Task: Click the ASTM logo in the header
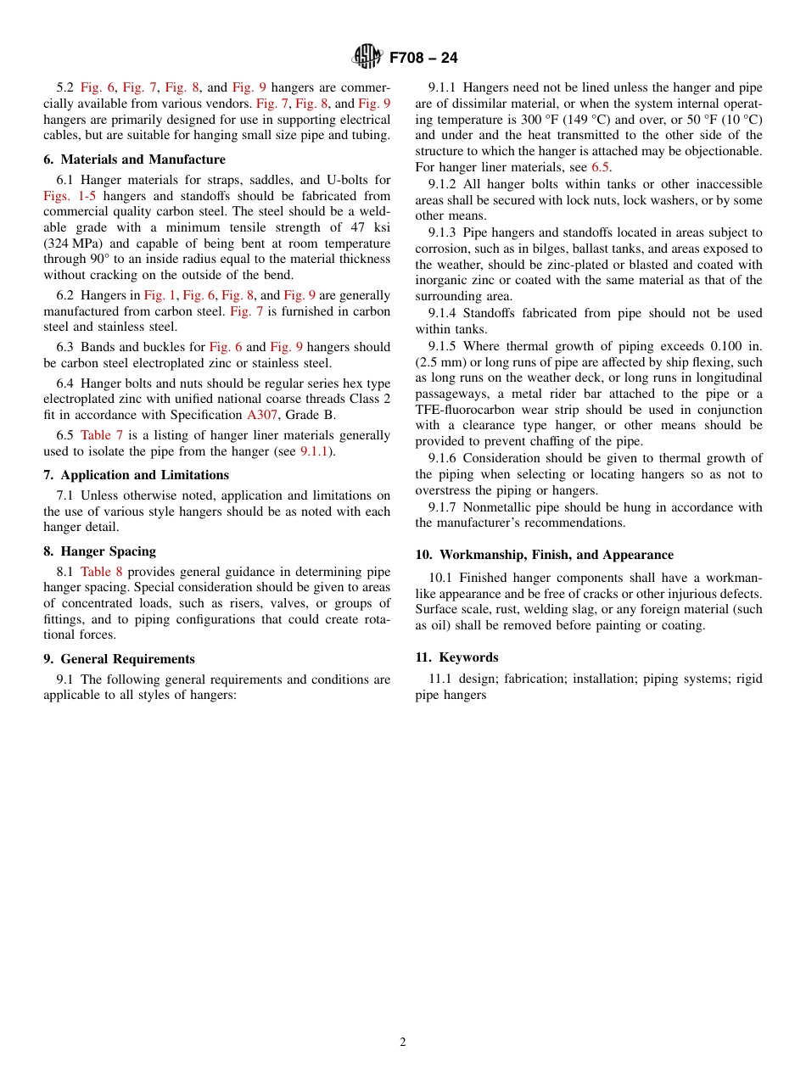click(367, 57)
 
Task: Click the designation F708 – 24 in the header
click(423, 58)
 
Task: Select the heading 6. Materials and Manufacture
click(135, 159)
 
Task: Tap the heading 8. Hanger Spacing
click(99, 551)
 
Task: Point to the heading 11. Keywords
click(456, 657)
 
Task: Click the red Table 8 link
click(102, 572)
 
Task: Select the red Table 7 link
click(102, 435)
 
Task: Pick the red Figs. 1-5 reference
click(71, 196)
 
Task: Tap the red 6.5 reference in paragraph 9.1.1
click(600, 167)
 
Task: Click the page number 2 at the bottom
click(403, 1043)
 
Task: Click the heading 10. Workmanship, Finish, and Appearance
click(545, 555)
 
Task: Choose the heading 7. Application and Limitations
click(137, 475)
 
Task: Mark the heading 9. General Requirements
click(120, 659)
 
